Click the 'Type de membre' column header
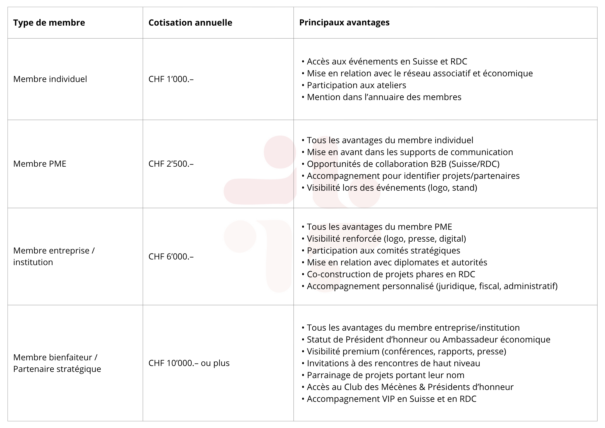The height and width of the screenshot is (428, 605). (49, 23)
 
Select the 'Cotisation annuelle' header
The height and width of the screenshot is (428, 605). (190, 23)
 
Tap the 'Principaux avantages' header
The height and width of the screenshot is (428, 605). (344, 22)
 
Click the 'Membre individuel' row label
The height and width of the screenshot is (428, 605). (50, 79)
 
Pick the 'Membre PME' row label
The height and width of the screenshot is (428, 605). (40, 164)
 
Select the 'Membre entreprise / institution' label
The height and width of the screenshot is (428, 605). (54, 256)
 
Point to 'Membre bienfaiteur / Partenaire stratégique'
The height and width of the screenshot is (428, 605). (57, 363)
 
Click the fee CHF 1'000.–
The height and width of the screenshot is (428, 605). (171, 79)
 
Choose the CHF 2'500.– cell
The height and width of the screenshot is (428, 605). (171, 164)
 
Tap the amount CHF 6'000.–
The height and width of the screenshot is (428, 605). (171, 256)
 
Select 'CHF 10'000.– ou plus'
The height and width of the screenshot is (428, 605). (189, 363)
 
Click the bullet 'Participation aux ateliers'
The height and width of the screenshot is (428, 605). (356, 85)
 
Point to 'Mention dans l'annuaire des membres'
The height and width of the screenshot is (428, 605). (384, 97)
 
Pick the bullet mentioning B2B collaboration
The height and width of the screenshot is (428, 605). (403, 164)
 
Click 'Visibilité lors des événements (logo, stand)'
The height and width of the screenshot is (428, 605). (392, 188)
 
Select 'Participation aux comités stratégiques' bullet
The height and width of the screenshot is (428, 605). (383, 251)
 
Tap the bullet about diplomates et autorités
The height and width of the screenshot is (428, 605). (397, 262)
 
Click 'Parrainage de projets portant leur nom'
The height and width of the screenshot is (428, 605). (385, 375)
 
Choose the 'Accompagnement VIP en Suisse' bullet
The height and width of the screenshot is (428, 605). (391, 399)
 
